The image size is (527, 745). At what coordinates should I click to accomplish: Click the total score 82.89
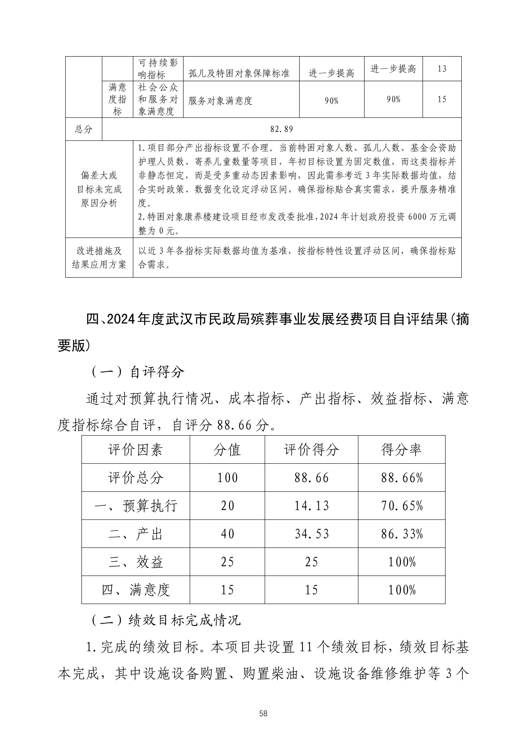(x=281, y=129)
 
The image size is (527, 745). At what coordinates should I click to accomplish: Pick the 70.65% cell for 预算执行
(x=402, y=506)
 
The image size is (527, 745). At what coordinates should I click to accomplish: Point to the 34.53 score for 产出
(x=311, y=534)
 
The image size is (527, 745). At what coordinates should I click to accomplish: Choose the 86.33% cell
(x=402, y=534)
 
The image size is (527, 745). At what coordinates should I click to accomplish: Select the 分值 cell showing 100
(x=227, y=478)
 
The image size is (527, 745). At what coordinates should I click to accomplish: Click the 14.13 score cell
(x=311, y=506)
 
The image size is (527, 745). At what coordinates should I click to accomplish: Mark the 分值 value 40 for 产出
(x=227, y=534)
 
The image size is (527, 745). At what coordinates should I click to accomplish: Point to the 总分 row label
(x=84, y=129)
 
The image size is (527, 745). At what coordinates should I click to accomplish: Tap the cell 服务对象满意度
(x=220, y=101)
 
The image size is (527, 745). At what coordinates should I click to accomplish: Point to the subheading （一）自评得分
(x=137, y=372)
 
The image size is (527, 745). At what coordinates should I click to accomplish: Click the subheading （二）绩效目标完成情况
(x=166, y=620)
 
